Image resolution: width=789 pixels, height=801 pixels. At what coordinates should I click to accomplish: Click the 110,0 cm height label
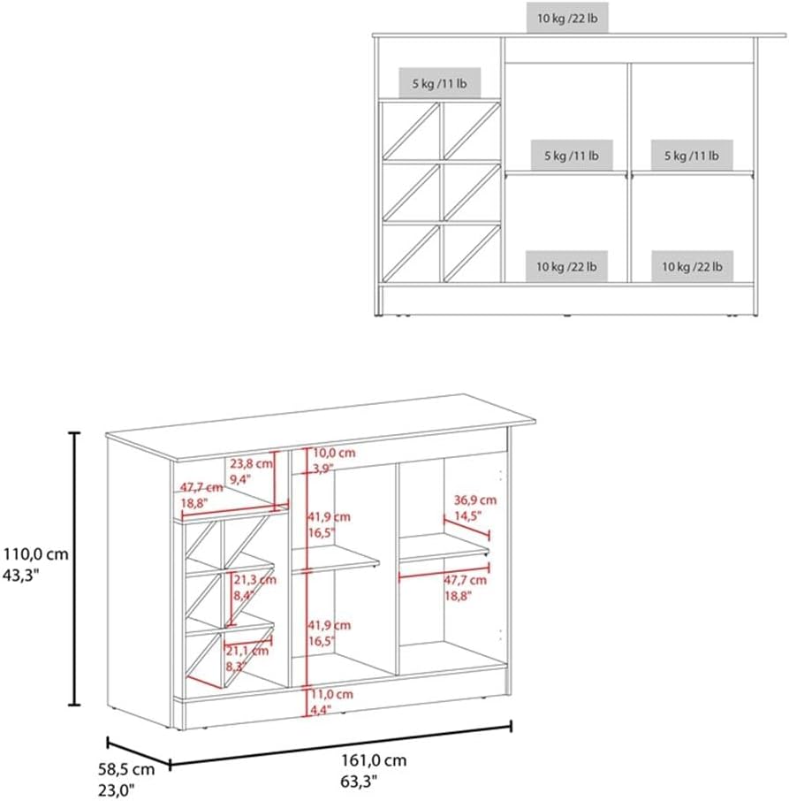coord(35,553)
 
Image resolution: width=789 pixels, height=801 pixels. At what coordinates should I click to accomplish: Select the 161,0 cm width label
coord(374,760)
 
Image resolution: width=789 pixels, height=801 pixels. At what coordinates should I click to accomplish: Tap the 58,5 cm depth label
coord(126,769)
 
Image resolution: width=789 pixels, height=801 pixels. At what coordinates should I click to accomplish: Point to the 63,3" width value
coord(359,782)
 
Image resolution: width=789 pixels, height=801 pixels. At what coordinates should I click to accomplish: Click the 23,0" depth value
coord(116,790)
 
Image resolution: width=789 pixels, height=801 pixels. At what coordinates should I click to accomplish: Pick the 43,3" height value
coord(21,576)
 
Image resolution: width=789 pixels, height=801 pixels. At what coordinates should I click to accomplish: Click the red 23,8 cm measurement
coord(251,464)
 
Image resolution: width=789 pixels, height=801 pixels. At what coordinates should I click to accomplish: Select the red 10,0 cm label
coord(334,453)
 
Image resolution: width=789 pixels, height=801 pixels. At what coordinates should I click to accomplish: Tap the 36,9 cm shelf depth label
coord(475,500)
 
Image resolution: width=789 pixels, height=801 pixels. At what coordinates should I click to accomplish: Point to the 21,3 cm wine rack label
coord(254,580)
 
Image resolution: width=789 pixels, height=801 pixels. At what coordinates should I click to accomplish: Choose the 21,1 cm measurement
coord(247,651)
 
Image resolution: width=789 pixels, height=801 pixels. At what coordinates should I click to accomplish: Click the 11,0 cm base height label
coord(331,694)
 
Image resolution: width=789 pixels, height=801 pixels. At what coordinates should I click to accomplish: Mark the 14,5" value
coord(468,516)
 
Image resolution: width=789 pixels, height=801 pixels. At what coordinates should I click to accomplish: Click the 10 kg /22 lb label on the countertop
coord(567,19)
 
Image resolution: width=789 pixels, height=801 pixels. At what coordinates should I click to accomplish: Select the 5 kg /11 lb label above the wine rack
coord(439,83)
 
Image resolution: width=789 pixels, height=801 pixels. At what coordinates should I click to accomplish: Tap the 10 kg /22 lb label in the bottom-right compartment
coord(692,266)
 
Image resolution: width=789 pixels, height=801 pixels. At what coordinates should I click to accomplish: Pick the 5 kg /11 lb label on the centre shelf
coord(572,156)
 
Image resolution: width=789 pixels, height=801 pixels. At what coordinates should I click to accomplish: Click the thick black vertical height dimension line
coord(74,568)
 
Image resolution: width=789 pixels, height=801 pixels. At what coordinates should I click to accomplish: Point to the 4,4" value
coord(320,710)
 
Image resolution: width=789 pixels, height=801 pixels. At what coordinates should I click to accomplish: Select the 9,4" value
coord(239,480)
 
